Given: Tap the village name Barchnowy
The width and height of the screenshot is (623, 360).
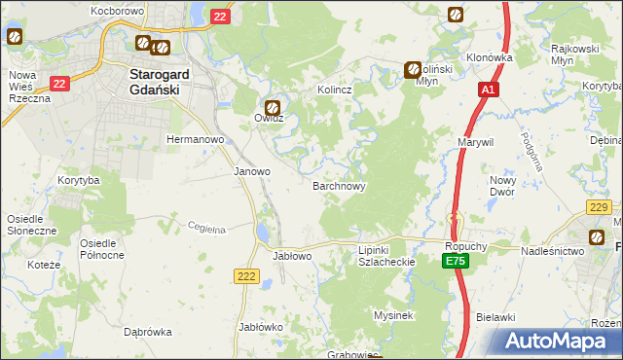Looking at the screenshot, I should click(339, 185).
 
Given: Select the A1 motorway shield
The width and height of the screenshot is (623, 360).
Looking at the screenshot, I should click(489, 90).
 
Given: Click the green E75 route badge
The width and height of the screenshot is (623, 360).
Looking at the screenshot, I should click(455, 262).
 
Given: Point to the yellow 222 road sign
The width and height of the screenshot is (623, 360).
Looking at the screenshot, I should click(246, 277).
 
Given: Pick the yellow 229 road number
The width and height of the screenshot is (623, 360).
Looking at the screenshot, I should click(599, 206).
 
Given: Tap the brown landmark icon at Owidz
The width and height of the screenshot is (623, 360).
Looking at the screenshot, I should click(273, 107).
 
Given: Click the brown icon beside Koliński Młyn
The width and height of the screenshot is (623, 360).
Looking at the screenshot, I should click(413, 69).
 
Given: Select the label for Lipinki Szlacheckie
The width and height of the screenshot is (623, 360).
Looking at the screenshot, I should click(381, 256).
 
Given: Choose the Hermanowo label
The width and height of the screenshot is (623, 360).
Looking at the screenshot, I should click(196, 139).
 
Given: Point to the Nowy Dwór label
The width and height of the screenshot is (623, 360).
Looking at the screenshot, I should click(502, 186).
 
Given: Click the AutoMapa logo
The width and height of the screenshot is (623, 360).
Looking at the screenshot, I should click(559, 342).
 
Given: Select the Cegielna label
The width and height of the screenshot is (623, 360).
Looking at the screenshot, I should click(206, 229).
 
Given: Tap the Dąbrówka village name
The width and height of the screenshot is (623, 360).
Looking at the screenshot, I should click(148, 332).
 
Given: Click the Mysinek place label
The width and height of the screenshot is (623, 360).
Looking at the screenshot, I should click(394, 315).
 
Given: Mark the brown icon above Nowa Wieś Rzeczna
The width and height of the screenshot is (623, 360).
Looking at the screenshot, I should click(15, 38).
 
